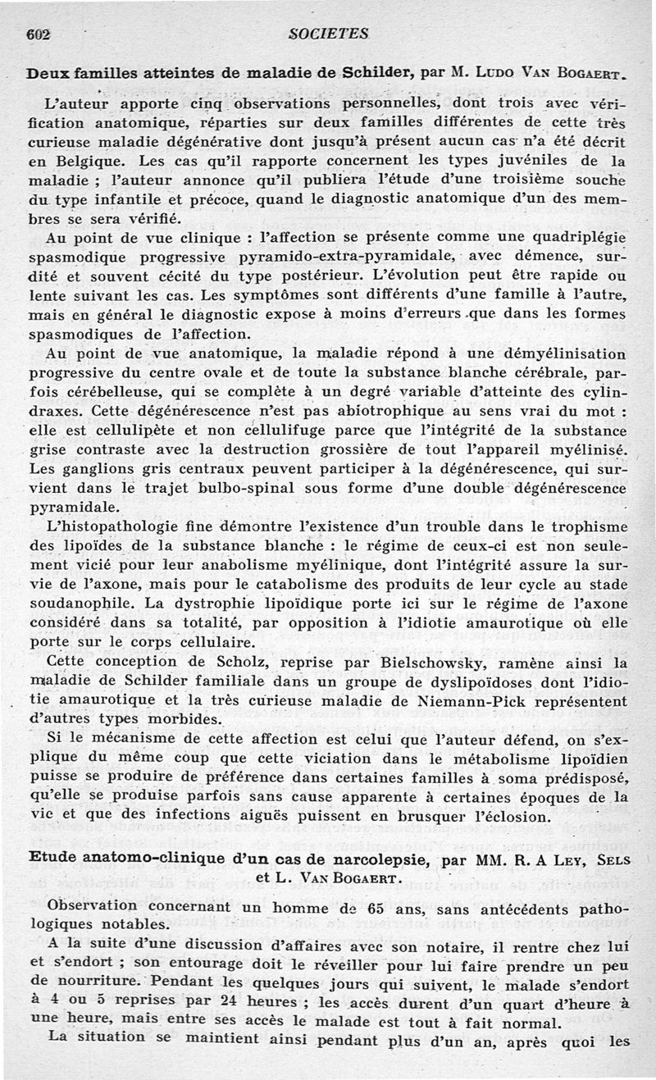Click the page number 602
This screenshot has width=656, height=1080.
39,34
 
